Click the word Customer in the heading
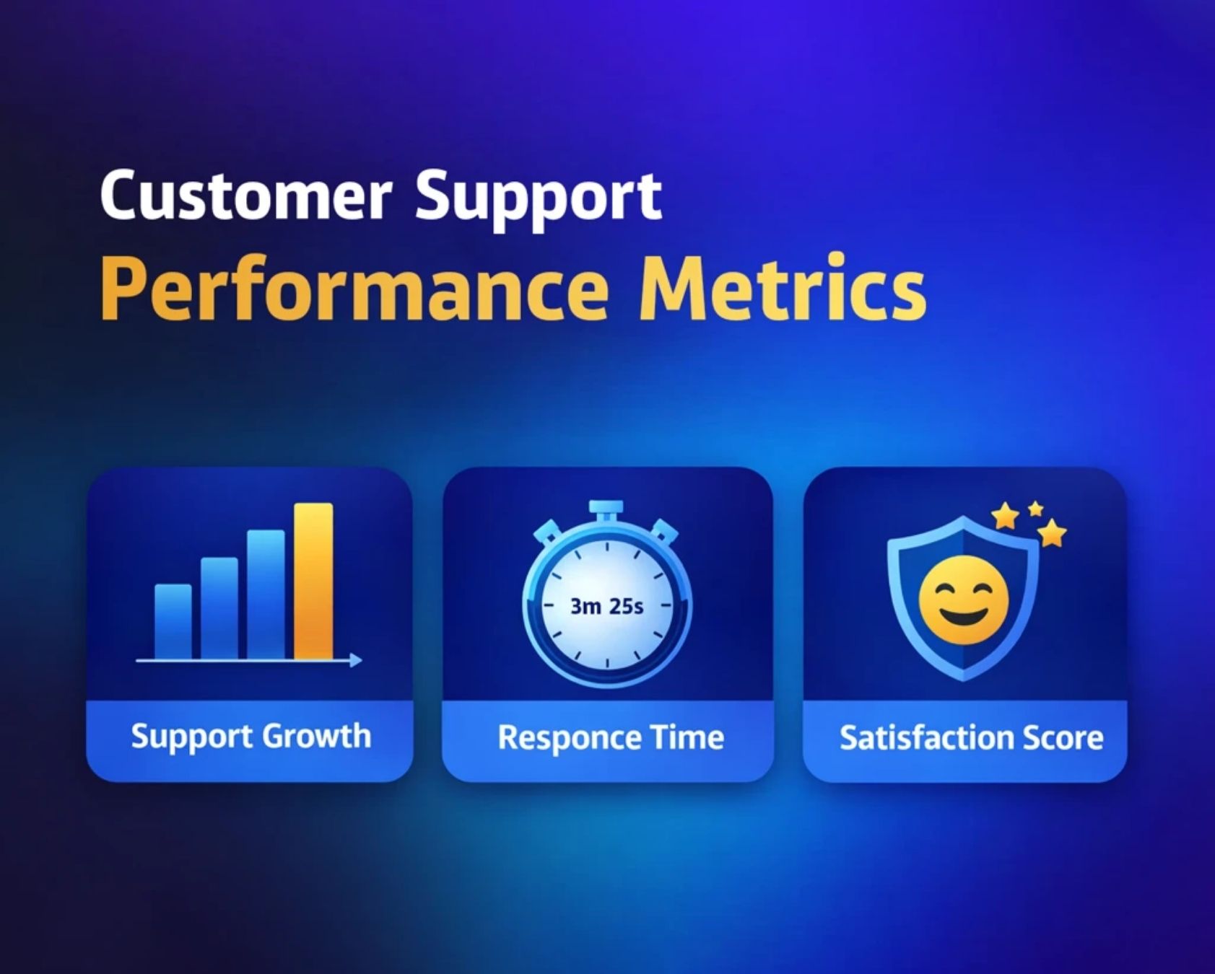245,196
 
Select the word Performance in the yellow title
354,289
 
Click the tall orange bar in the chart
313,581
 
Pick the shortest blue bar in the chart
173,621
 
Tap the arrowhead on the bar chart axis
355,659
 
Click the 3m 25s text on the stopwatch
606,606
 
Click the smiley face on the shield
963,600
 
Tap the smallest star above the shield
1035,509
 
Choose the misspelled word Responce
567,738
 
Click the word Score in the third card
1065,738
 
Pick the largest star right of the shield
1052,533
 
